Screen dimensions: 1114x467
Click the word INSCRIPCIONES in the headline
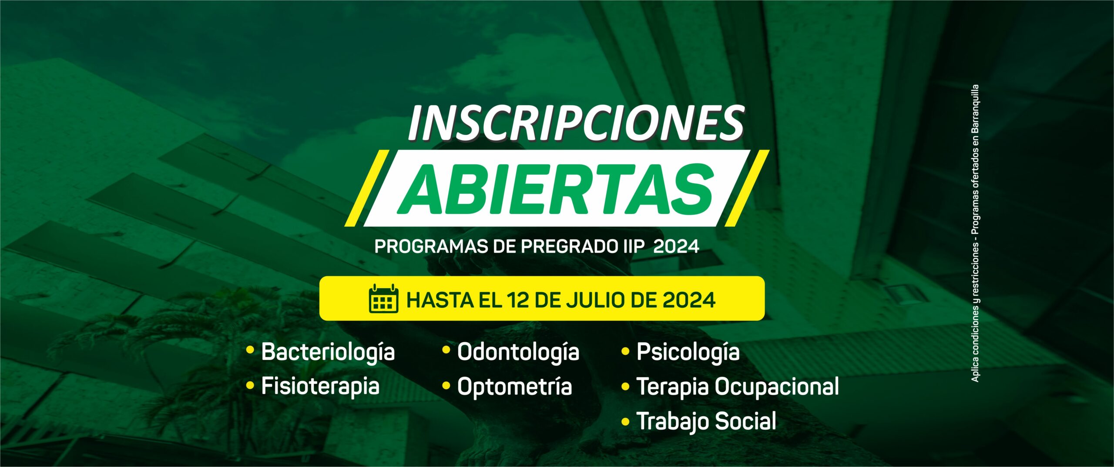[576, 123]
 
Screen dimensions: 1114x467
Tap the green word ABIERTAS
[556, 190]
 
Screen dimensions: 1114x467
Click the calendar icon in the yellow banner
[383, 298]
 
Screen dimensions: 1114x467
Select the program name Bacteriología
[328, 353]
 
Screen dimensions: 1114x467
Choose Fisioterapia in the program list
[320, 387]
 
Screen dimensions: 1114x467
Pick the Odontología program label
[518, 353]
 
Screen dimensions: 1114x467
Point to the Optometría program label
[514, 387]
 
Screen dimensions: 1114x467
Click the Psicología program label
[688, 353]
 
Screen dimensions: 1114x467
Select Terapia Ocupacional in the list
[738, 387]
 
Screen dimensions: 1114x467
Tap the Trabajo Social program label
[706, 421]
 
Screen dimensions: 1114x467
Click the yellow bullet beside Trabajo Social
[625, 421]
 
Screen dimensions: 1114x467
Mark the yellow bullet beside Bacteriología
[250, 350]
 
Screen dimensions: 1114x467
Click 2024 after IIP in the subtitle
[676, 247]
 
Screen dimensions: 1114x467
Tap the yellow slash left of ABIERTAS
[367, 188]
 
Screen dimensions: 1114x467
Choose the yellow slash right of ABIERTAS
[747, 188]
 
